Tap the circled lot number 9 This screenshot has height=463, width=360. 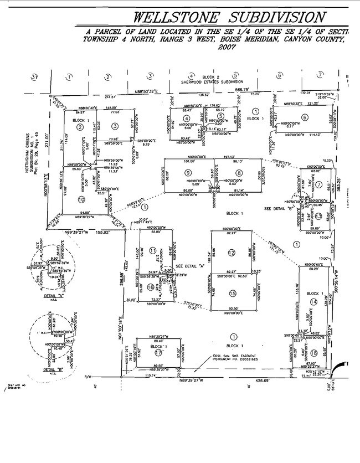click(x=173, y=173)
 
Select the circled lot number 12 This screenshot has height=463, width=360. click(x=232, y=253)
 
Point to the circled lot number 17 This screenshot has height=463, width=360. click(x=158, y=352)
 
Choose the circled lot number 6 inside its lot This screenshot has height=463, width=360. click(x=305, y=116)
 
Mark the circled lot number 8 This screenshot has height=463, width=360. click(x=239, y=173)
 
